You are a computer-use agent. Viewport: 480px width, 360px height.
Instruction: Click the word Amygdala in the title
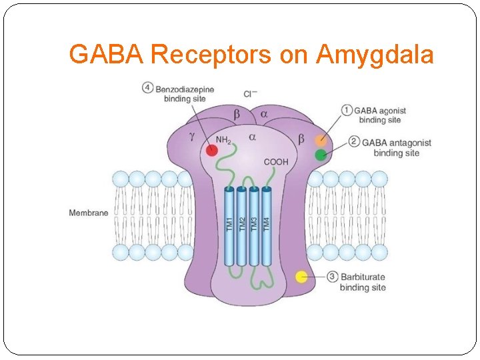click(x=375, y=55)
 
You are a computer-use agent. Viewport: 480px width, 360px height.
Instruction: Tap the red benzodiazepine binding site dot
click(x=211, y=150)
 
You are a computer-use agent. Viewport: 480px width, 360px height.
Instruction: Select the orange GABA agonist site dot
click(x=321, y=141)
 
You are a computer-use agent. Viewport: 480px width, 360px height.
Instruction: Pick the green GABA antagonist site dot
click(x=321, y=155)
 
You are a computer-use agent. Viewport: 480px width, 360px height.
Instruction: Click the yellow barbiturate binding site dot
click(x=301, y=276)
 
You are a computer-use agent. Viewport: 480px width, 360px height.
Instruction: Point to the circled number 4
click(x=147, y=87)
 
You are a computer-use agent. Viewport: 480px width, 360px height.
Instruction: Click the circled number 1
click(x=346, y=109)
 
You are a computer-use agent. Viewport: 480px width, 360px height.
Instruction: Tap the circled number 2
click(x=354, y=142)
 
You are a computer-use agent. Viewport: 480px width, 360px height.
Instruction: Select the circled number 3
click(x=332, y=276)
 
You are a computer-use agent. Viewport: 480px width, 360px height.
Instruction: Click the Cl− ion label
click(x=251, y=95)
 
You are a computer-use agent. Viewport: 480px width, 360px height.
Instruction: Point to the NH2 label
click(x=223, y=141)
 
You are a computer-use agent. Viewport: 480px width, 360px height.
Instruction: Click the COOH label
click(x=276, y=162)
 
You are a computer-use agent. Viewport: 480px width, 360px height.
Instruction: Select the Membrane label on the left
click(x=88, y=213)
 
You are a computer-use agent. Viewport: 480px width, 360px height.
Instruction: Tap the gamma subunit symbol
click(x=192, y=136)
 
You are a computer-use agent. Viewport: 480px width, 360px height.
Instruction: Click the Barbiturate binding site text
click(x=363, y=282)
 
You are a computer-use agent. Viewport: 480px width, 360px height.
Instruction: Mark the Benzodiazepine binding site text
click(x=185, y=93)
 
